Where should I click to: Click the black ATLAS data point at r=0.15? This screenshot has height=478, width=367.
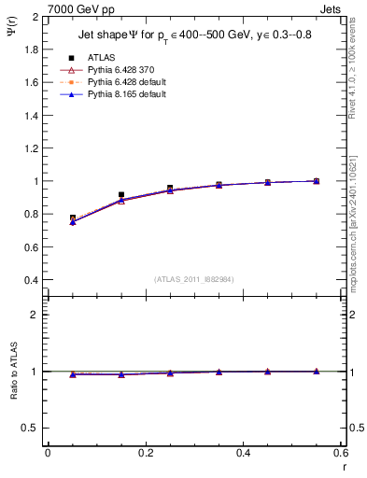(121, 194)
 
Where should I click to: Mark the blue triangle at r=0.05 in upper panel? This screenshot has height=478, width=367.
(73, 222)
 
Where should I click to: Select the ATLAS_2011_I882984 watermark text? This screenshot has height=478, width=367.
(194, 279)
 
